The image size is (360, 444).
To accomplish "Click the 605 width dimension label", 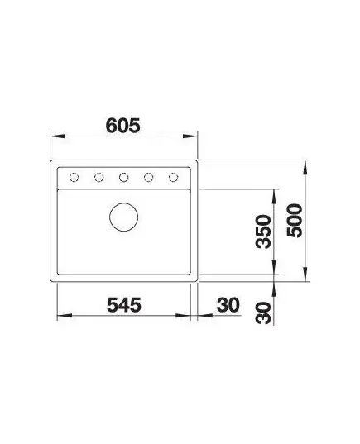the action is coord(122,125).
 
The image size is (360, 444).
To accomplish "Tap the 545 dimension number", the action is coord(124,305).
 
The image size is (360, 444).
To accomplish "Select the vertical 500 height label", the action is coord(295,220).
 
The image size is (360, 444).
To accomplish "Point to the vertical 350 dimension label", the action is coord(263,232).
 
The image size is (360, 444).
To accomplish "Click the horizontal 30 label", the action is coord(228,305).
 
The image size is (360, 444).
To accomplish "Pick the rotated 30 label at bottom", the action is coord(263,313).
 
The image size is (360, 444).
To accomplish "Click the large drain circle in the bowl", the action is coord(124,217).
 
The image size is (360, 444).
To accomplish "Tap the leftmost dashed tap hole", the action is coord(74,178).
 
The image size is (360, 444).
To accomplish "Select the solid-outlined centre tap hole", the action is coord(123,178).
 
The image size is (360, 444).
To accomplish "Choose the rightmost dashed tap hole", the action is coord(174,178).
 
